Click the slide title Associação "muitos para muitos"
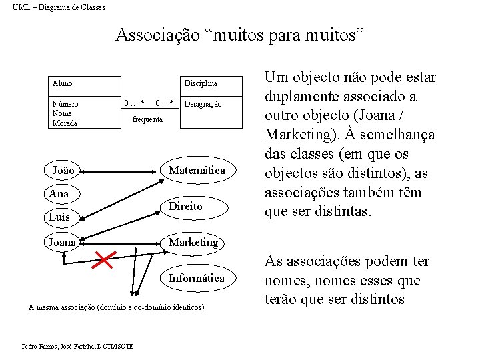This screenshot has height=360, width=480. pos(240,34)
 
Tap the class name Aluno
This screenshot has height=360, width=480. pos(63,83)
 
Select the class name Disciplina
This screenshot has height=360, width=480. pos(201,83)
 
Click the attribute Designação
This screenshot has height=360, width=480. pos(203,104)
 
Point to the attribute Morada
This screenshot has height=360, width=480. pos(65,123)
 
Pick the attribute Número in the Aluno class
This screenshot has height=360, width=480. pos(65,104)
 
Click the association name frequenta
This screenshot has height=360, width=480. pos(147,119)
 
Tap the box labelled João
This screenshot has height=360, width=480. pos(63,170)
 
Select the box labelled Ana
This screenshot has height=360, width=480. pos(59,193)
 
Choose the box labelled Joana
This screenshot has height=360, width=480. pos(62,242)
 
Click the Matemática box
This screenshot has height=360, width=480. pos(197,170)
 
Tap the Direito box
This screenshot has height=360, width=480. pos(185,206)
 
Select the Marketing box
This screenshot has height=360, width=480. pos(193,242)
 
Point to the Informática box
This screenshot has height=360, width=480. pos(197,278)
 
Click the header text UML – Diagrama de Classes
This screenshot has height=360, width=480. pos(59,7)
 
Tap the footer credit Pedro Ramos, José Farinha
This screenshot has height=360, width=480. pos(77,346)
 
